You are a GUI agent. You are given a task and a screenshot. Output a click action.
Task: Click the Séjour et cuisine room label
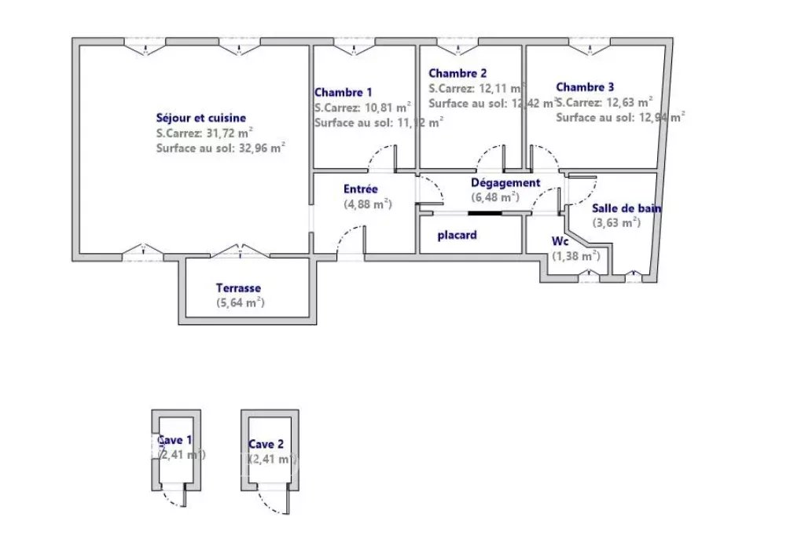tap(200, 118)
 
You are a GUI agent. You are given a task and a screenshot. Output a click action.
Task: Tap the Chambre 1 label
tap(344, 92)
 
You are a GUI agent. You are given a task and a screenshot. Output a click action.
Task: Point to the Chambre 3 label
tap(586, 87)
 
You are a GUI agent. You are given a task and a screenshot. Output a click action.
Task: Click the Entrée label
tap(361, 189)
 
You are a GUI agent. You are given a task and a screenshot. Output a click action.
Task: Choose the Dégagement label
tap(505, 183)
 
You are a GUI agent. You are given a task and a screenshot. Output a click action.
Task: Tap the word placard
tap(457, 235)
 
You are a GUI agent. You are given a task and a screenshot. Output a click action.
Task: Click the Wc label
tap(560, 241)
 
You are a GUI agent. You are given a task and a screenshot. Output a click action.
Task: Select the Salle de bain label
tap(626, 208)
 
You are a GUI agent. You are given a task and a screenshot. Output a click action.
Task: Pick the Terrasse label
tap(238, 288)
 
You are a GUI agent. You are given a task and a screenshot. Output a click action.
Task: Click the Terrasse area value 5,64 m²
tap(240, 302)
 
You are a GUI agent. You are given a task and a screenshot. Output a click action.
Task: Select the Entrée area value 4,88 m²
tap(368, 204)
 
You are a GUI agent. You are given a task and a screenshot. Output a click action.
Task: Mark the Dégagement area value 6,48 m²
tap(494, 197)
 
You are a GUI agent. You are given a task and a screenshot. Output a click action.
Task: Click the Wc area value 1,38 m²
tap(575, 255)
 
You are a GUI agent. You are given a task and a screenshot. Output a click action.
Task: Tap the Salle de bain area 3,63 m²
tap(616, 222)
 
